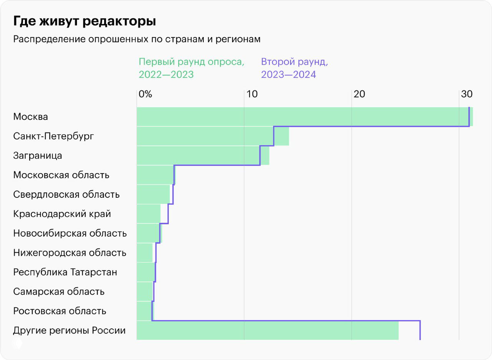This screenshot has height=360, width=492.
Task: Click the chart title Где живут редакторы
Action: click(x=85, y=22)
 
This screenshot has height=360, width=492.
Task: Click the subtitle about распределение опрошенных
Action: click(x=137, y=40)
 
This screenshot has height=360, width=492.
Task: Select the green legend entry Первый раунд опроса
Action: click(x=191, y=68)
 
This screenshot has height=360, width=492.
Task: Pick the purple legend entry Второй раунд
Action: click(x=294, y=68)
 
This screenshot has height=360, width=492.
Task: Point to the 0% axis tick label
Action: click(x=145, y=94)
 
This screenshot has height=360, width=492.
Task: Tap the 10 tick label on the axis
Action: click(x=252, y=94)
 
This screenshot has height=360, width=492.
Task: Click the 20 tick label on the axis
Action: click(x=359, y=94)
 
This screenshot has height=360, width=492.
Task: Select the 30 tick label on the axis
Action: click(x=466, y=94)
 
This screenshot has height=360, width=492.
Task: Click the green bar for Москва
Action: click(x=304, y=117)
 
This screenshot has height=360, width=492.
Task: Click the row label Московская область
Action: click(x=61, y=175)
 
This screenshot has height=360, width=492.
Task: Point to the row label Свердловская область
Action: click(x=66, y=194)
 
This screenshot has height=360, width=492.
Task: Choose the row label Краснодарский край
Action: click(x=62, y=214)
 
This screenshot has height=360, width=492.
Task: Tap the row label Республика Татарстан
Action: click(x=65, y=272)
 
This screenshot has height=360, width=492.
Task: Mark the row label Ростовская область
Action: click(x=60, y=311)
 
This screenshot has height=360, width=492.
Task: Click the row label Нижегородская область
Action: click(x=70, y=253)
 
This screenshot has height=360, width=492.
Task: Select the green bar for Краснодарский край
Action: click(x=148, y=214)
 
